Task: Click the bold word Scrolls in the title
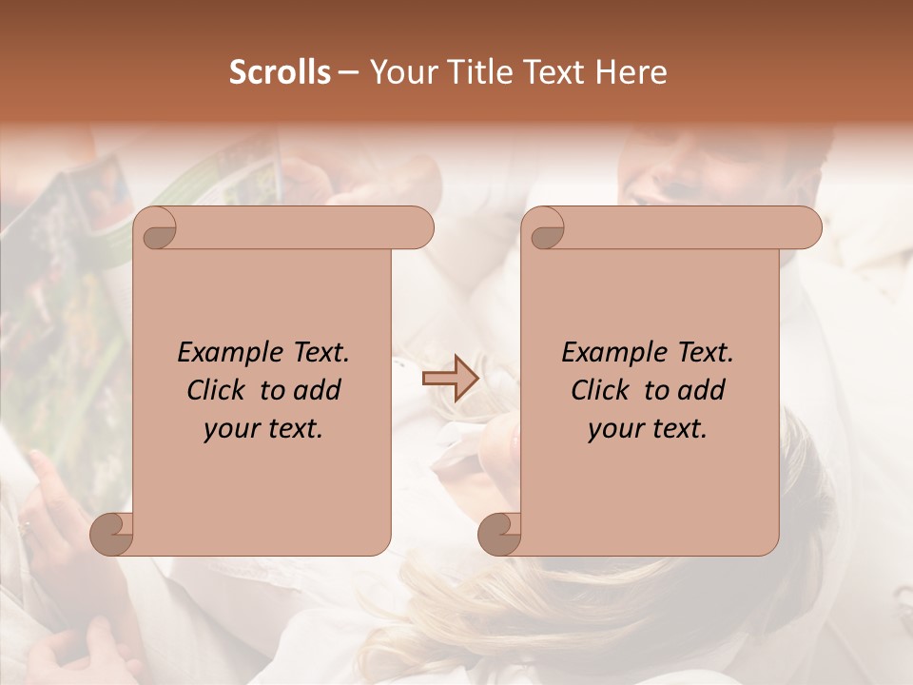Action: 281,72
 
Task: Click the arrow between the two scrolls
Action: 450,379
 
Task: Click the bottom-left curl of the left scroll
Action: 111,534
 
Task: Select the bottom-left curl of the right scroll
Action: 499,534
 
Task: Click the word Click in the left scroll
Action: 216,390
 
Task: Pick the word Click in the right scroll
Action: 600,390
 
